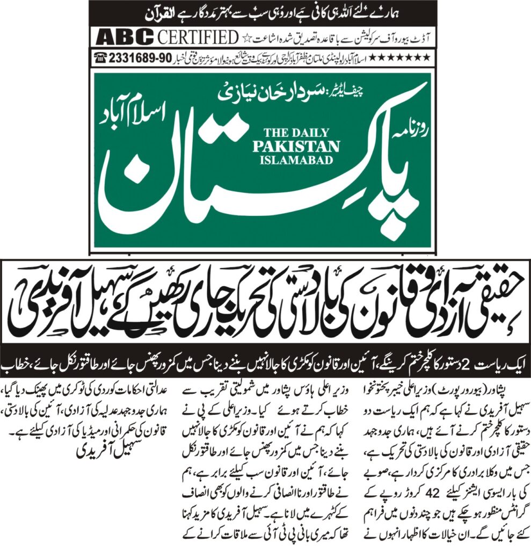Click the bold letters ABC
pos(124,38)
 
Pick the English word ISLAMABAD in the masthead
pos(296,160)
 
